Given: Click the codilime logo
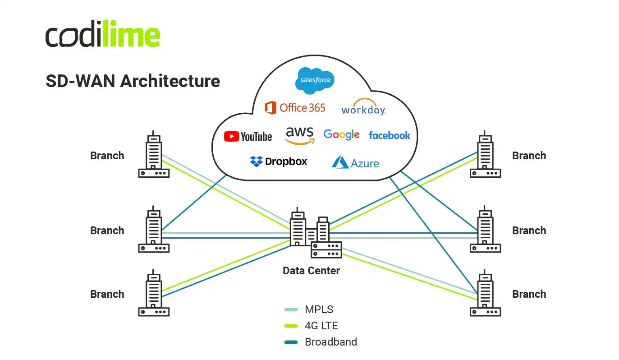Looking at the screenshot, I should pos(103,34).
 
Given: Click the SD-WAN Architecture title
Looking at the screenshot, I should pos(133,81).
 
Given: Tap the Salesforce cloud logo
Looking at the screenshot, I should pos(315,80).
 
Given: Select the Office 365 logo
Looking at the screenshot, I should pos(295,108).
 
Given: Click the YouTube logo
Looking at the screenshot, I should pos(248,136).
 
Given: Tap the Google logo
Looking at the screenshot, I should pos(341,134).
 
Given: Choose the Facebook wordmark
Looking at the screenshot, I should pos(389,135).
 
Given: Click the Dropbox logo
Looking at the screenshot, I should pos(279,162).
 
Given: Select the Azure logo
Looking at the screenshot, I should pos(355,163).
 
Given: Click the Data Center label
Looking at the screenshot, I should pos(311,271).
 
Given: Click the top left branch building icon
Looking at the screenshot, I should pos(153,155).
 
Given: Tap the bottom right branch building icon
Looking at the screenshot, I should pos(485,294).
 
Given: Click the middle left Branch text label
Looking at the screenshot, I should pos(107,231).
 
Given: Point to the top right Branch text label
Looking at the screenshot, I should pos(529,156).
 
